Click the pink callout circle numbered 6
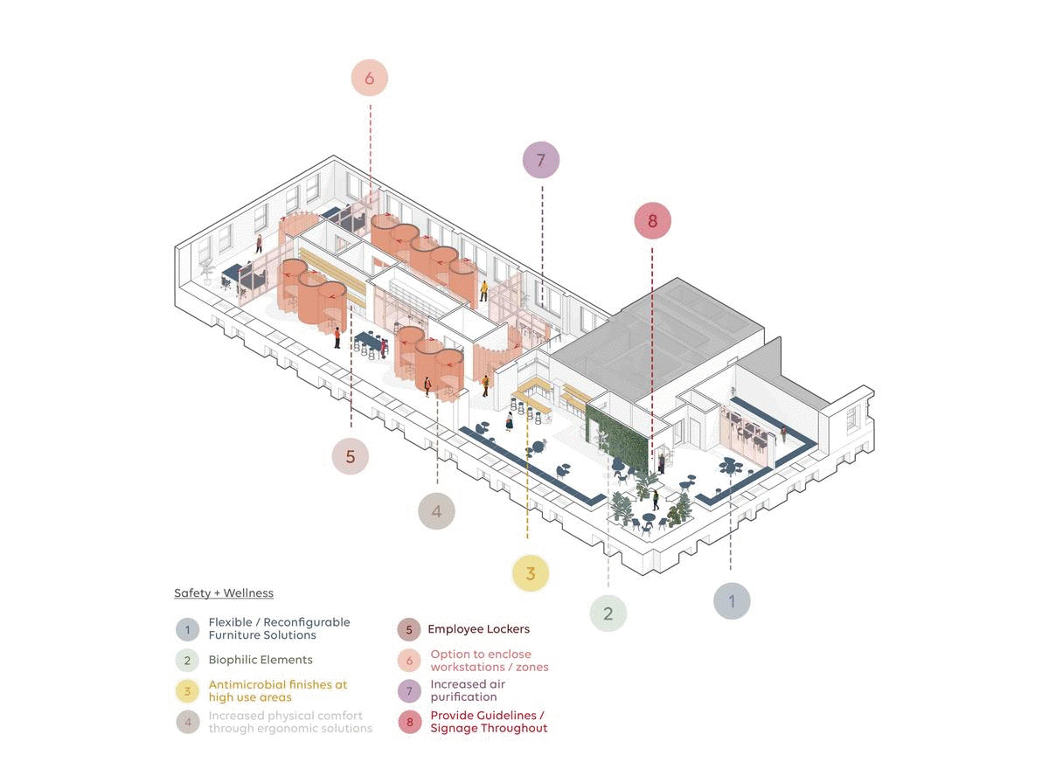pos(369,79)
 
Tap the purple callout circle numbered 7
pos(540,161)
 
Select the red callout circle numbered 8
pos(652,221)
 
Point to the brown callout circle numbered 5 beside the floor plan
pos(351,456)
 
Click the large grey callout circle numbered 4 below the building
pos(437,511)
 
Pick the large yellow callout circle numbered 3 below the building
pos(530,573)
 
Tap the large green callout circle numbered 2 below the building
pos(608,613)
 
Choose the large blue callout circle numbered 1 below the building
pos(732,601)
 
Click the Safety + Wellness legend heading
pos(224,593)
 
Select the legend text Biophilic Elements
pos(260,660)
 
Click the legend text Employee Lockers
pos(478,629)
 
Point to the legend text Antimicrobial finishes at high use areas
pos(277,690)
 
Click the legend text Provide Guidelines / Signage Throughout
pos(489,722)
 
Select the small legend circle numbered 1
pos(186,629)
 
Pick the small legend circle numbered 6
pos(409,661)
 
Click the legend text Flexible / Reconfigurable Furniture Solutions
pos(279,628)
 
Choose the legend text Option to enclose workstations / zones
pos(490,660)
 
